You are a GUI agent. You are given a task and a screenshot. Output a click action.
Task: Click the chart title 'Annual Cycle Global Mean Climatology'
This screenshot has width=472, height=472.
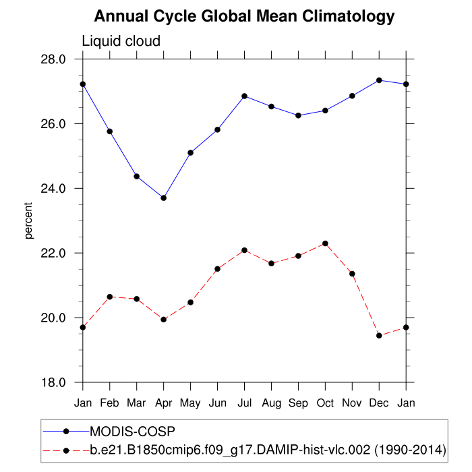(x=244, y=16)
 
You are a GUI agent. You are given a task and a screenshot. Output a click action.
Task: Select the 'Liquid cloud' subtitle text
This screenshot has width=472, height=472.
(x=121, y=41)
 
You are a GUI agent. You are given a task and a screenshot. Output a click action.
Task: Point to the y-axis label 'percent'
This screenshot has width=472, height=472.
(x=29, y=220)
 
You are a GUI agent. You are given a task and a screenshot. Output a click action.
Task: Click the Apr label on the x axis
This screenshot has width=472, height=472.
(x=164, y=403)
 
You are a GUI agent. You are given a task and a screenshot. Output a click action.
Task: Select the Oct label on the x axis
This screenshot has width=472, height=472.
(x=326, y=403)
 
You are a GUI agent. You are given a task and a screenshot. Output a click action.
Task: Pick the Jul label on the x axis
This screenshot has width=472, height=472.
(x=245, y=403)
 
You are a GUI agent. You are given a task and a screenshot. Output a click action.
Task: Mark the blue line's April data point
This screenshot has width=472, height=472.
(x=164, y=198)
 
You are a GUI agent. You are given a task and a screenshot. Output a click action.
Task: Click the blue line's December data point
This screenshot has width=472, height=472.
(x=380, y=80)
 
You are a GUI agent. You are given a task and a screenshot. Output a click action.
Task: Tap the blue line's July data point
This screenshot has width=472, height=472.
(x=245, y=96)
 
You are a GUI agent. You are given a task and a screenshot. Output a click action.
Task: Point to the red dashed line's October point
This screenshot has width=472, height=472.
(x=326, y=243)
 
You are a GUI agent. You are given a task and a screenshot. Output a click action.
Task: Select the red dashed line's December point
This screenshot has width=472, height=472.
(x=380, y=335)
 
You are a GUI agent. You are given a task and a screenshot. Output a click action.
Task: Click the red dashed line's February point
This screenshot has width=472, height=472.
(x=110, y=297)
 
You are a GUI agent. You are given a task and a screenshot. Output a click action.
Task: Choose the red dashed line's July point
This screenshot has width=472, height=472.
(x=245, y=250)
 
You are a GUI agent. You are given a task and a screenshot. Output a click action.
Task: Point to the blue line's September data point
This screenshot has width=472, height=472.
(x=299, y=115)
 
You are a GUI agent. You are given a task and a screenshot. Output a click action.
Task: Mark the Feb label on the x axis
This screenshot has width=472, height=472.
(x=110, y=403)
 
